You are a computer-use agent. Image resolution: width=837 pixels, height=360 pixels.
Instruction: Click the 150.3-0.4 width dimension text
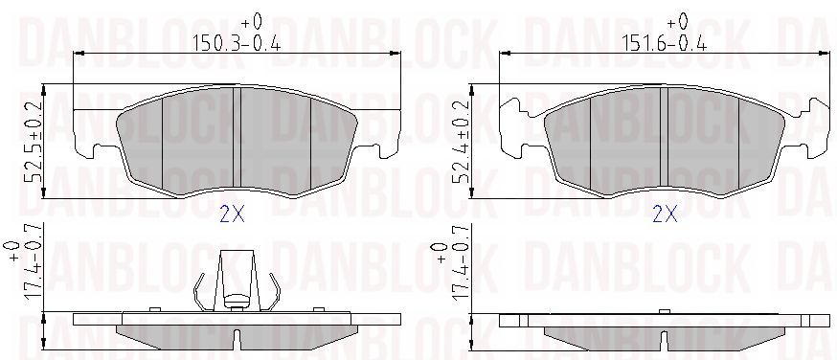click(237, 42)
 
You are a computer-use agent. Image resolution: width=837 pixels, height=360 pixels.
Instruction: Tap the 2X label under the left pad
click(232, 214)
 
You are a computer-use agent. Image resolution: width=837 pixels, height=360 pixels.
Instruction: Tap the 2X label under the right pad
click(666, 214)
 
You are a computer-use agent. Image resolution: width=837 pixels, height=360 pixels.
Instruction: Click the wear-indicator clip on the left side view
click(237, 281)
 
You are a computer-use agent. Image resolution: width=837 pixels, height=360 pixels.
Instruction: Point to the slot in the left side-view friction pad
click(237, 340)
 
